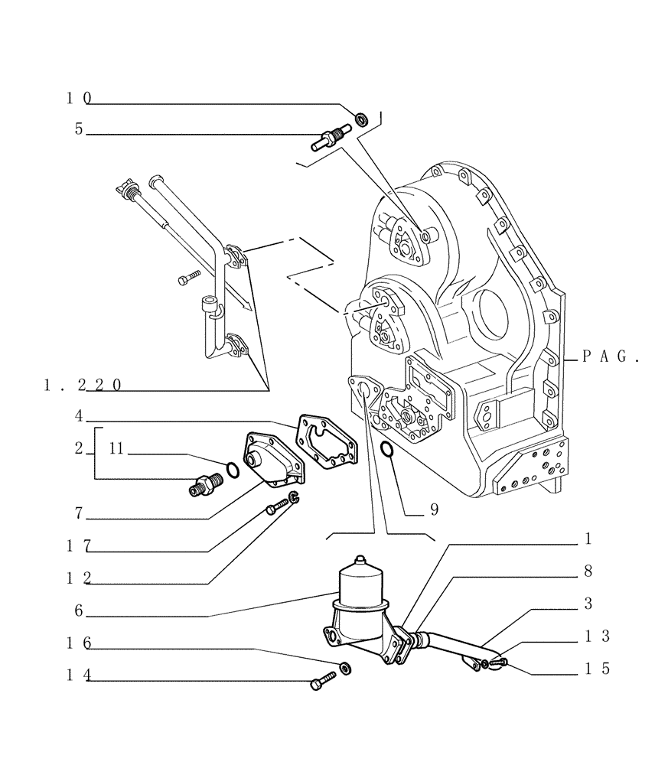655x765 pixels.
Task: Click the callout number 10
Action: click(x=79, y=98)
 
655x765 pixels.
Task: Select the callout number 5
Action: click(x=79, y=129)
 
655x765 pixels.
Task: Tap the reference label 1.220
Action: click(x=83, y=386)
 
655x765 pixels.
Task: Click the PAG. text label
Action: click(x=610, y=356)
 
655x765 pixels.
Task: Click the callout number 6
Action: click(x=79, y=611)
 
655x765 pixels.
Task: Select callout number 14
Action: click(x=79, y=675)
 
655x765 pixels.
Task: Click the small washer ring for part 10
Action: click(x=361, y=119)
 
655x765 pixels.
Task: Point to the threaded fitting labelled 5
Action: click(x=330, y=139)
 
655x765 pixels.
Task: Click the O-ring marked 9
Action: click(x=387, y=453)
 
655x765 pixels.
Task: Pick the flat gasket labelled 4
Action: click(x=326, y=444)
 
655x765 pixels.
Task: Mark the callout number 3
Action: click(x=587, y=604)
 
